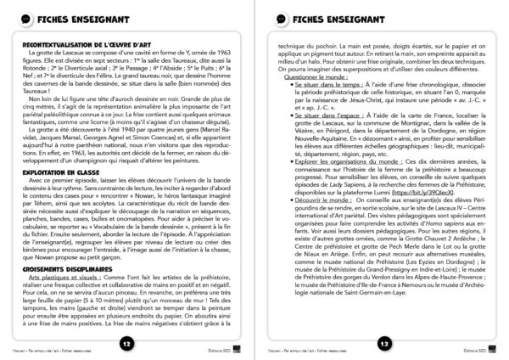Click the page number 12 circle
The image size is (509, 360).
(x=126, y=344)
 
